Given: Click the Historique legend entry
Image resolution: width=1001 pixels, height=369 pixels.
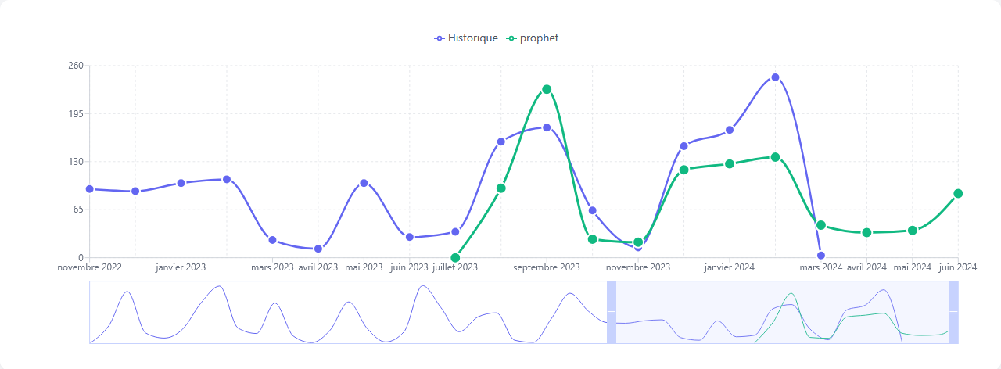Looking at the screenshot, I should pyautogui.click(x=467, y=38).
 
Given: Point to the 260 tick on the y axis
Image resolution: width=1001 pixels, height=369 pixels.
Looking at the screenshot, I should pyautogui.click(x=75, y=66).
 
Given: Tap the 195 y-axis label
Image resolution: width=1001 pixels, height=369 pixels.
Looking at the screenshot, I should pyautogui.click(x=75, y=113).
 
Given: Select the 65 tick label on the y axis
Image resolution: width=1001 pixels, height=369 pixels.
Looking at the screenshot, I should pyautogui.click(x=77, y=210).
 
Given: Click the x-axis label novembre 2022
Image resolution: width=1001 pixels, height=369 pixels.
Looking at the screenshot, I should pyautogui.click(x=89, y=267).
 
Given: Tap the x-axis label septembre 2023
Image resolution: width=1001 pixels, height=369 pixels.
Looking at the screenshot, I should pyautogui.click(x=547, y=267).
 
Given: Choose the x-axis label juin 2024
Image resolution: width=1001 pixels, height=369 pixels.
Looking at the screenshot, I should pyautogui.click(x=958, y=267).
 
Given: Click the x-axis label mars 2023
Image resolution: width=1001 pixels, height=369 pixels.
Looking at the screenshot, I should pyautogui.click(x=272, y=267).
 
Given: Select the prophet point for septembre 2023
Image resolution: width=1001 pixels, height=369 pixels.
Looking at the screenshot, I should pyautogui.click(x=547, y=89).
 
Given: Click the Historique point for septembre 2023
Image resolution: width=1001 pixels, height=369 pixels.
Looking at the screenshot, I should pyautogui.click(x=547, y=127).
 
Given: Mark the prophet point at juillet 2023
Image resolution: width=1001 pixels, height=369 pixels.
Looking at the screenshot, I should pyautogui.click(x=455, y=258).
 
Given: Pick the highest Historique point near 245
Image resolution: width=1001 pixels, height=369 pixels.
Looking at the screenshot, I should pyautogui.click(x=775, y=77).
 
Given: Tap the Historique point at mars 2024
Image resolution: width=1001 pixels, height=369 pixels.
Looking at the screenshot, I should pyautogui.click(x=821, y=256).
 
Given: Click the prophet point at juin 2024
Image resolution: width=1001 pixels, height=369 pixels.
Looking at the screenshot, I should pyautogui.click(x=958, y=194).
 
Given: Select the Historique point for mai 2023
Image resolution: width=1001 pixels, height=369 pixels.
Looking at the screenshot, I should pyautogui.click(x=364, y=183).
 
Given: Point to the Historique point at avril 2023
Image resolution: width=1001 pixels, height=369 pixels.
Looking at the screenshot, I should pyautogui.click(x=318, y=249).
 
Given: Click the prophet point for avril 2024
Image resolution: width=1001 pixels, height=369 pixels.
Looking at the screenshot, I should pyautogui.click(x=866, y=233).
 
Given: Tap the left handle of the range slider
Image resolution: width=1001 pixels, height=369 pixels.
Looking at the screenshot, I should pyautogui.click(x=612, y=312).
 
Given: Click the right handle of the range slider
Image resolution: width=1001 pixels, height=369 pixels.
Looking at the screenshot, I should pyautogui.click(x=953, y=312).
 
